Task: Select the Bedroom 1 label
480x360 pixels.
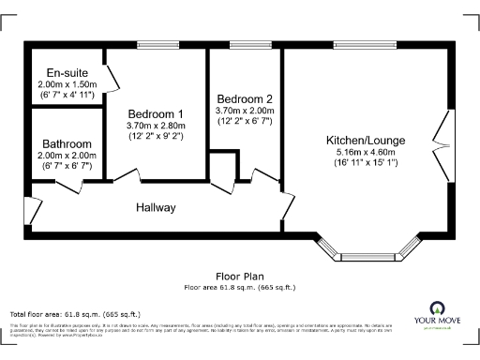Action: (155, 114)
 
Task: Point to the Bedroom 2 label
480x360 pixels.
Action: (244, 99)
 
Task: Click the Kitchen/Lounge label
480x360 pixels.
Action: (361, 138)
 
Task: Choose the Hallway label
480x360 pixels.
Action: (156, 207)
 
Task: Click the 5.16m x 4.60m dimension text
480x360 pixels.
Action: (361, 151)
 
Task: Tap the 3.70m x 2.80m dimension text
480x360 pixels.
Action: (155, 126)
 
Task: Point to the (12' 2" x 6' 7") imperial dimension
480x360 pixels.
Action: (244, 121)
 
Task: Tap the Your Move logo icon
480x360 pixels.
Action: (437, 308)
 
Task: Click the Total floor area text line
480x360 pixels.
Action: (75, 313)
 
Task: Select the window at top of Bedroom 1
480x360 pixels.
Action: (155, 44)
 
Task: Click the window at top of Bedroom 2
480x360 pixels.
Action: (245, 44)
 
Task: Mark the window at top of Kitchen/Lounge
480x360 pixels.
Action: (360, 44)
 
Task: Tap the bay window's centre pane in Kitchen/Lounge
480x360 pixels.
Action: (367, 255)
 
